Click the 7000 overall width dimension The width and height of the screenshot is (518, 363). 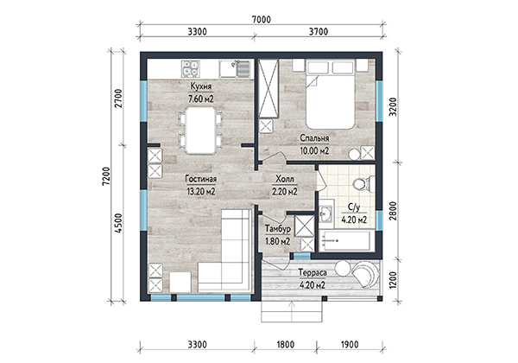pyautogui.click(x=262, y=20)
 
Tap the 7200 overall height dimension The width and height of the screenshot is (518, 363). pyautogui.click(x=106, y=176)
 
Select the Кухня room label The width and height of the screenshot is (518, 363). pyautogui.click(x=201, y=86)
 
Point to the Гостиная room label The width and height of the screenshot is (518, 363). pyautogui.click(x=201, y=179)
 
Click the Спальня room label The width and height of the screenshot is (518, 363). pyautogui.click(x=314, y=138)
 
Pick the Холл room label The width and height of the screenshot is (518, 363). pyautogui.click(x=284, y=179)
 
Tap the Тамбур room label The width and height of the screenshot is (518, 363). pyautogui.click(x=278, y=229)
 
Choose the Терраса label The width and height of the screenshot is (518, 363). pyautogui.click(x=313, y=273)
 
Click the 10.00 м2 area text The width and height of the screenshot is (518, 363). pyautogui.click(x=314, y=150)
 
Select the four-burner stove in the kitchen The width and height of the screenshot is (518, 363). pyautogui.click(x=191, y=68)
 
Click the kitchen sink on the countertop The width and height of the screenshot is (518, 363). pyautogui.click(x=235, y=69)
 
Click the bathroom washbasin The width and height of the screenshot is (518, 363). pyautogui.click(x=326, y=213)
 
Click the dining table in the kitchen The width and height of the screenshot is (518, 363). pyautogui.click(x=200, y=130)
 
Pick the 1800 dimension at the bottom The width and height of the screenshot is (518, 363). pyautogui.click(x=286, y=345)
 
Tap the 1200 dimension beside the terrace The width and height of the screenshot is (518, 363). pyautogui.click(x=393, y=280)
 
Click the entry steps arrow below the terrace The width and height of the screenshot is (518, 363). pyautogui.click(x=292, y=311)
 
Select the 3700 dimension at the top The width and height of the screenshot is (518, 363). pyautogui.click(x=319, y=32)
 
